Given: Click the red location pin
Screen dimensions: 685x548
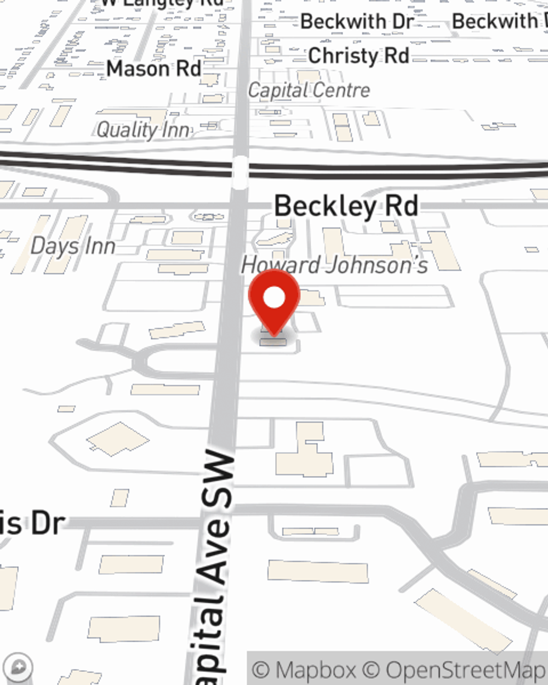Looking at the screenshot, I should (274, 301).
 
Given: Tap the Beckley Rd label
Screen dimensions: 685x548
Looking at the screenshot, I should (346, 206).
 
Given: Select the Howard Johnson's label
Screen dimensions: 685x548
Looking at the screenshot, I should (334, 265).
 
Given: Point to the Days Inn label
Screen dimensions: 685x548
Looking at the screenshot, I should (73, 246).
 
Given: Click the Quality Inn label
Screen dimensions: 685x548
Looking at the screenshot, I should (144, 130).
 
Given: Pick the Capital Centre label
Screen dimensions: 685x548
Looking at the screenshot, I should (309, 90).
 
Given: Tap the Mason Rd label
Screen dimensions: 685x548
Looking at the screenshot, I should (154, 68).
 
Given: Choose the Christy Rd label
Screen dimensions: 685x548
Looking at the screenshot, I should (358, 55).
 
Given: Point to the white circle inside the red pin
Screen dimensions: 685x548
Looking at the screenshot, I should (274, 298).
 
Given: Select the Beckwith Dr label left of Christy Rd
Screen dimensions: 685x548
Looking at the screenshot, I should (357, 22).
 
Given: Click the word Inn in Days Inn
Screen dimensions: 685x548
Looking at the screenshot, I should (100, 246).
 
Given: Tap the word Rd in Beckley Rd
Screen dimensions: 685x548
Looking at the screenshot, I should (401, 206).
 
